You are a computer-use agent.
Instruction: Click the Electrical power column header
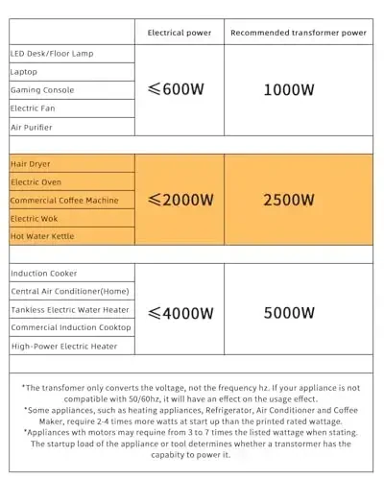[179, 32]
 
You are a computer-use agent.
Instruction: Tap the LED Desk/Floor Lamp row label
[53, 53]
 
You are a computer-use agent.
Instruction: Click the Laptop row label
[25, 71]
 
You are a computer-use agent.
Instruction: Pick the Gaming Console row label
[42, 90]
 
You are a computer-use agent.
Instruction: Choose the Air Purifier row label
[32, 127]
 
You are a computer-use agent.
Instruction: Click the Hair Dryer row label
[31, 164]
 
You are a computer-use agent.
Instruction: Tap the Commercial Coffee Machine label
[64, 200]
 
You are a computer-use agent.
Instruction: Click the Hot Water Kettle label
[42, 236]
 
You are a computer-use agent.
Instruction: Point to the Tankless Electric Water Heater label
[69, 310]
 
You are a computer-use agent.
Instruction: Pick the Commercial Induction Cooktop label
[69, 327]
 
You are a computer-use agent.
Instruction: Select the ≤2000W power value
[180, 200]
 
